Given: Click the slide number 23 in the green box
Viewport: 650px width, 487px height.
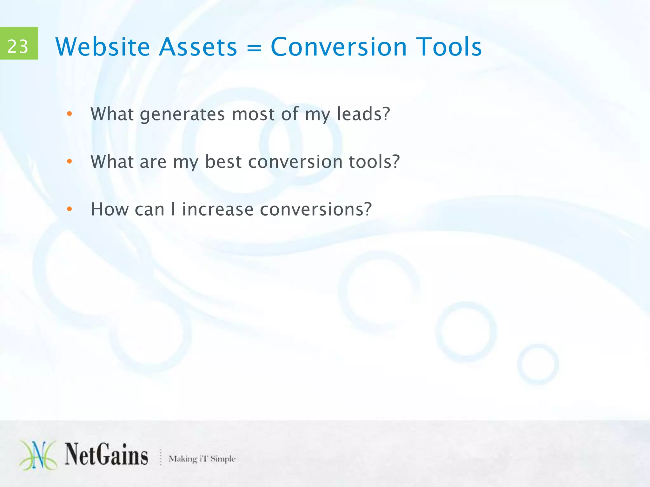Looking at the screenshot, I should click(x=18, y=46).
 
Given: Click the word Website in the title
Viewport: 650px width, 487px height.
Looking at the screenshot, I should click(x=102, y=47).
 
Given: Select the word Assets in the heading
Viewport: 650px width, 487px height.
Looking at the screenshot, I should click(x=198, y=47).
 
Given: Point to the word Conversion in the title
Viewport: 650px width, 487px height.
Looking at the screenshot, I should click(x=339, y=47).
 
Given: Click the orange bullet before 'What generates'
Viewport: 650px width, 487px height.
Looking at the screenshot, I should click(x=70, y=114).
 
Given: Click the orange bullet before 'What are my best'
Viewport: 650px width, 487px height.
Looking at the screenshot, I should click(x=70, y=162).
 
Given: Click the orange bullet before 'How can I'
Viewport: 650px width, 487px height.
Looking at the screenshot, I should click(x=70, y=209).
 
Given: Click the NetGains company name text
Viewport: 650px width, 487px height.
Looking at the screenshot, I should click(x=106, y=455).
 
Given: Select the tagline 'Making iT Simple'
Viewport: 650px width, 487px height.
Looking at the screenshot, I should click(x=202, y=458).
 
